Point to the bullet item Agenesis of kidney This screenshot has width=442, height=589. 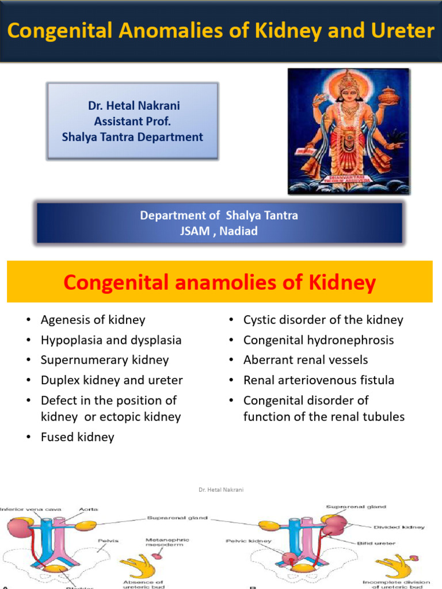tap(93, 320)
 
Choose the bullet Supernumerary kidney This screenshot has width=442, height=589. tap(105, 360)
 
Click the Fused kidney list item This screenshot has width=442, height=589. tap(77, 437)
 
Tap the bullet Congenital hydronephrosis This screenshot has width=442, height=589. tap(318, 340)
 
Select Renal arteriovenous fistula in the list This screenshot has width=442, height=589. tap(318, 380)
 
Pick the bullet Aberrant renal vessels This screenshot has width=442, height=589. tap(305, 360)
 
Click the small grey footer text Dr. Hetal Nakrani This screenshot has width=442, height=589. tap(220, 489)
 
